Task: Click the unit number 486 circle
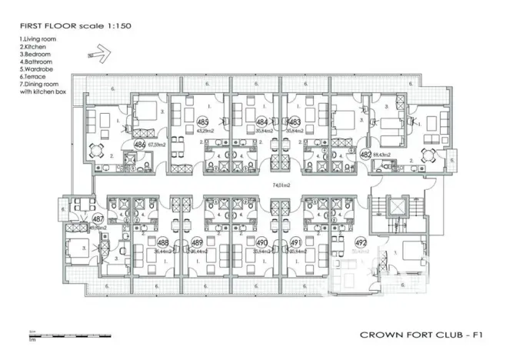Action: coord(140,144)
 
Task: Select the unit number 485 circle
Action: coord(203,122)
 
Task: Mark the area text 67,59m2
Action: coord(157,144)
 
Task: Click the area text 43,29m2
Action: coord(205,132)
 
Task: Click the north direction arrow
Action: coord(101,54)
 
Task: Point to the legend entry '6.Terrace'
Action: coord(32,78)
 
